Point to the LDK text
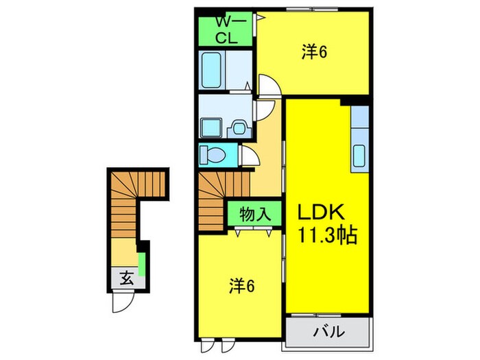[324, 213]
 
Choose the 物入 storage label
[254, 214]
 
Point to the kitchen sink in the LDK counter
[360, 158]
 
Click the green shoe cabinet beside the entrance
[142, 265]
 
